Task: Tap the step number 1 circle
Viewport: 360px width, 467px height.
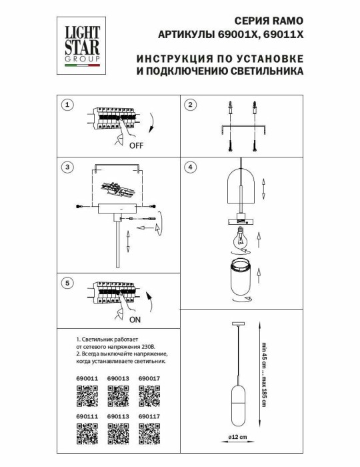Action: click(x=66, y=105)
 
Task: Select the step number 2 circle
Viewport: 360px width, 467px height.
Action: click(x=190, y=105)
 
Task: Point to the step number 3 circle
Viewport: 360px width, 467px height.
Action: click(x=66, y=166)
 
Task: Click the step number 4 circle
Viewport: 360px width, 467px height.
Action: click(x=190, y=166)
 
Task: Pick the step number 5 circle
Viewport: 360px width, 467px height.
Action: click(x=66, y=284)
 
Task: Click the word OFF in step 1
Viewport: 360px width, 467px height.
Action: click(x=136, y=145)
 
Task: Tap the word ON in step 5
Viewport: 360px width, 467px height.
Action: click(x=135, y=320)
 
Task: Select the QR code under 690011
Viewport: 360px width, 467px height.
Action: click(x=84, y=398)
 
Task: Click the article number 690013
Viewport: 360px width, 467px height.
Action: click(x=117, y=379)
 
